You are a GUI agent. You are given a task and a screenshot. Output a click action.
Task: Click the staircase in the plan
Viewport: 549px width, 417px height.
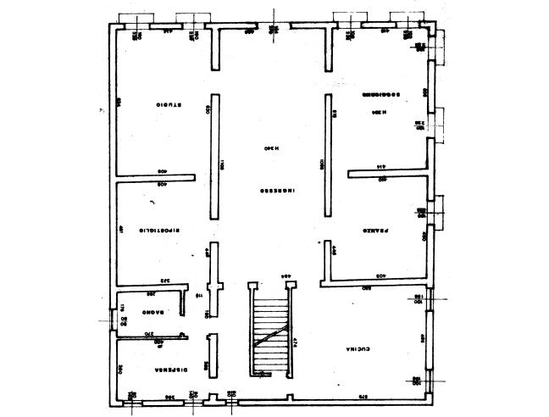[270, 331]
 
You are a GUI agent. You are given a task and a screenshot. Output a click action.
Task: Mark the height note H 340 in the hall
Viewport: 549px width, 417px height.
[270, 148]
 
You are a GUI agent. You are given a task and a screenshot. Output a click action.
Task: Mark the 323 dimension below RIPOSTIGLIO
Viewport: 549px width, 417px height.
[167, 280]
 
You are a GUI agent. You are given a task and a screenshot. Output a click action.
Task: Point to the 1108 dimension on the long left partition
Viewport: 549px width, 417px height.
[221, 165]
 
